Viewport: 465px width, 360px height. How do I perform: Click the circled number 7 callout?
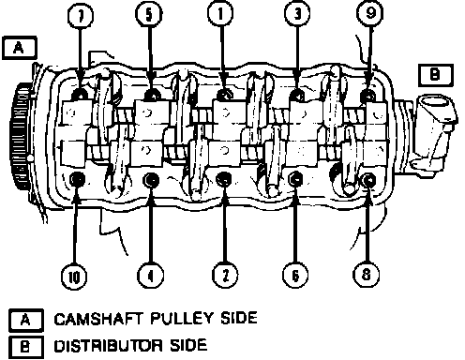(x=81, y=16)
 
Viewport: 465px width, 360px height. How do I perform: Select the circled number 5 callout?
(x=149, y=15)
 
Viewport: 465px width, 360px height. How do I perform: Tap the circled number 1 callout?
(x=220, y=14)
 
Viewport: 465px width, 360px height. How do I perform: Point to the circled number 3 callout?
(x=297, y=14)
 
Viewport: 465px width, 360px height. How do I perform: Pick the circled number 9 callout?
(x=370, y=13)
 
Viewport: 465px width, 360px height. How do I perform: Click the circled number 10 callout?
(x=74, y=277)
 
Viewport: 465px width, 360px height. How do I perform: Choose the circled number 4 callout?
(x=150, y=276)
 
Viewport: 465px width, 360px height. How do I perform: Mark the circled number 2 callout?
(x=225, y=275)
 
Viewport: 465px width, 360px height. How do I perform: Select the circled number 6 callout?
(x=295, y=275)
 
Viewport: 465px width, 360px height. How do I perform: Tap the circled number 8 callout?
(x=366, y=275)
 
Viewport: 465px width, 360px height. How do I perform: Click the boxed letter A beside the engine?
(x=20, y=48)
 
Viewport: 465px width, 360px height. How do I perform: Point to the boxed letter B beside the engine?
(x=436, y=75)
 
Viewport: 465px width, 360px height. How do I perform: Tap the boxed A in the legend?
(x=26, y=321)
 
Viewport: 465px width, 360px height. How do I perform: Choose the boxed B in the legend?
(x=26, y=347)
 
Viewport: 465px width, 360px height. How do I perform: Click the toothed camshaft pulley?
(x=22, y=136)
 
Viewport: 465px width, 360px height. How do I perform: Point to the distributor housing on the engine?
(x=434, y=131)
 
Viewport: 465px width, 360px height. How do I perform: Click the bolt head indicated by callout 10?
(x=76, y=180)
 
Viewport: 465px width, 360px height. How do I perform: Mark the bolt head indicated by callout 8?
(x=368, y=180)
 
